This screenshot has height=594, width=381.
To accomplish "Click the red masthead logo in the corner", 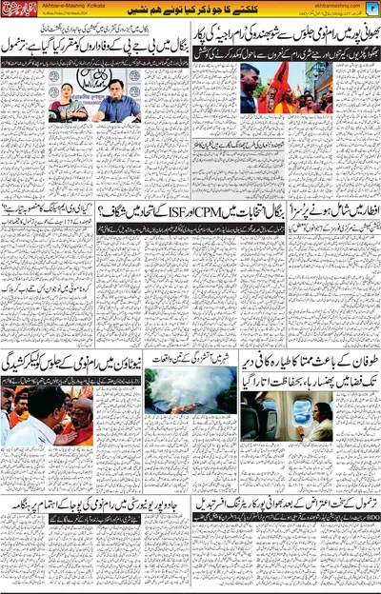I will [20, 10].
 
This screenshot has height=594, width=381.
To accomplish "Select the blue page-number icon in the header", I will [372, 9].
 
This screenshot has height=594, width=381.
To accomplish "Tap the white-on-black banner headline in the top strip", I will [190, 9].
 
